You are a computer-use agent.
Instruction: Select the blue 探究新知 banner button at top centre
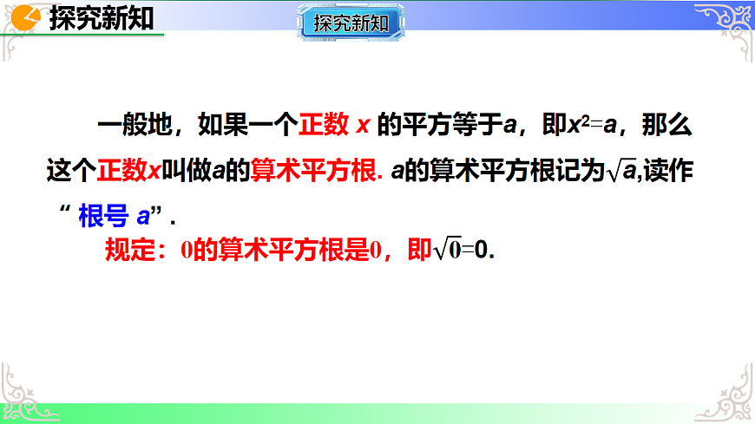click(x=351, y=23)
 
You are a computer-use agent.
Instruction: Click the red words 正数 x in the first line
click(x=335, y=126)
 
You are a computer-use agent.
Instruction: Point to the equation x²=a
click(x=591, y=126)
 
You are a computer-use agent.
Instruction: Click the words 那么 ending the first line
click(x=668, y=126)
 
